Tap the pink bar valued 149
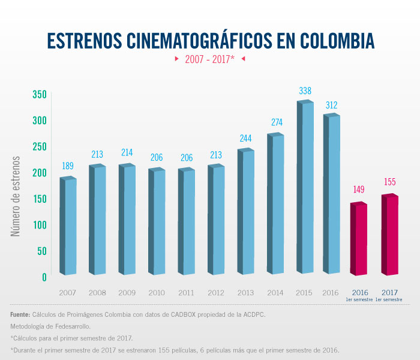[359, 240]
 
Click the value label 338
[305, 91]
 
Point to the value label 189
[68, 166]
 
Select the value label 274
[275, 122]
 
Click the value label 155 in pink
[389, 182]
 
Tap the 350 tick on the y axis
[40, 95]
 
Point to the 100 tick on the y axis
[40, 225]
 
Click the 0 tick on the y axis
[44, 277]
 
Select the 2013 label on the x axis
[245, 293]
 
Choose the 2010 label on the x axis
[156, 293]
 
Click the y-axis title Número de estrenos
[16, 196]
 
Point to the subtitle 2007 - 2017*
[209, 59]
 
